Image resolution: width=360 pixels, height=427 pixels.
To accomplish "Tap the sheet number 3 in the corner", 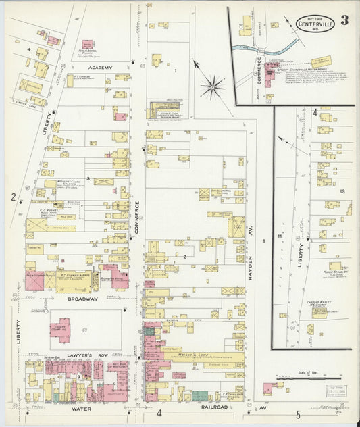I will [x=344, y=20].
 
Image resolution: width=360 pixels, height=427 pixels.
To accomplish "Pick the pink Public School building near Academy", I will [x=88, y=45].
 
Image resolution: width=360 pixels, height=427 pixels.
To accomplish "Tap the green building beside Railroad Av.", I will [x=200, y=395].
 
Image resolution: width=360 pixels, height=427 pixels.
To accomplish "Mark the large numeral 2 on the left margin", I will [x=14, y=197].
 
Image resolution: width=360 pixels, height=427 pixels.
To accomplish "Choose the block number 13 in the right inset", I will [x=342, y=192].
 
